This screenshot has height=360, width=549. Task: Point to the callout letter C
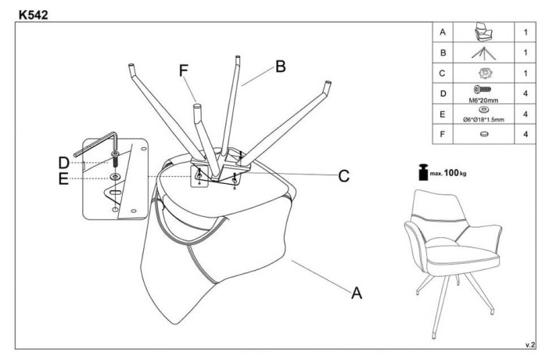pos(343,176)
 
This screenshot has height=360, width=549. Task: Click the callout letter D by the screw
pos(64,162)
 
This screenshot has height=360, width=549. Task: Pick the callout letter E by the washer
pos(64,179)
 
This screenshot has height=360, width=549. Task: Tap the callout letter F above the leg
pos(185,70)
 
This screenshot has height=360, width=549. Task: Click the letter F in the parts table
pos(443,134)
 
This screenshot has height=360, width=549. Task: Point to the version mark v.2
pos(529,344)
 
